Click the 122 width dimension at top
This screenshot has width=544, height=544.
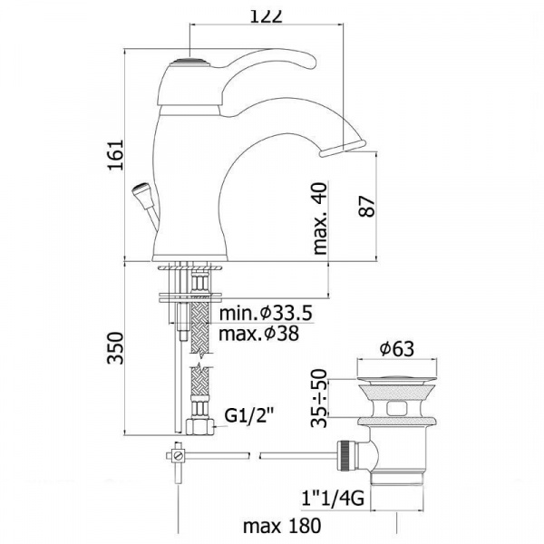(267, 16)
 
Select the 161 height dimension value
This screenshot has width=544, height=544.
(116, 155)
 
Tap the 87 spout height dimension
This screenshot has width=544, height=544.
(367, 207)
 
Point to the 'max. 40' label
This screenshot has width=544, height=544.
(320, 219)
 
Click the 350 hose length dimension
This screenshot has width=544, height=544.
(115, 348)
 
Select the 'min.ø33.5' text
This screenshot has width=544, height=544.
(266, 314)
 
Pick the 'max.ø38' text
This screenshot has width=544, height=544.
(258, 334)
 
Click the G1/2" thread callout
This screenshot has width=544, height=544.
(249, 415)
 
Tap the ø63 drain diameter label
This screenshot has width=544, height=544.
(397, 349)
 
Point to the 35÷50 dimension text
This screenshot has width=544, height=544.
(319, 398)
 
